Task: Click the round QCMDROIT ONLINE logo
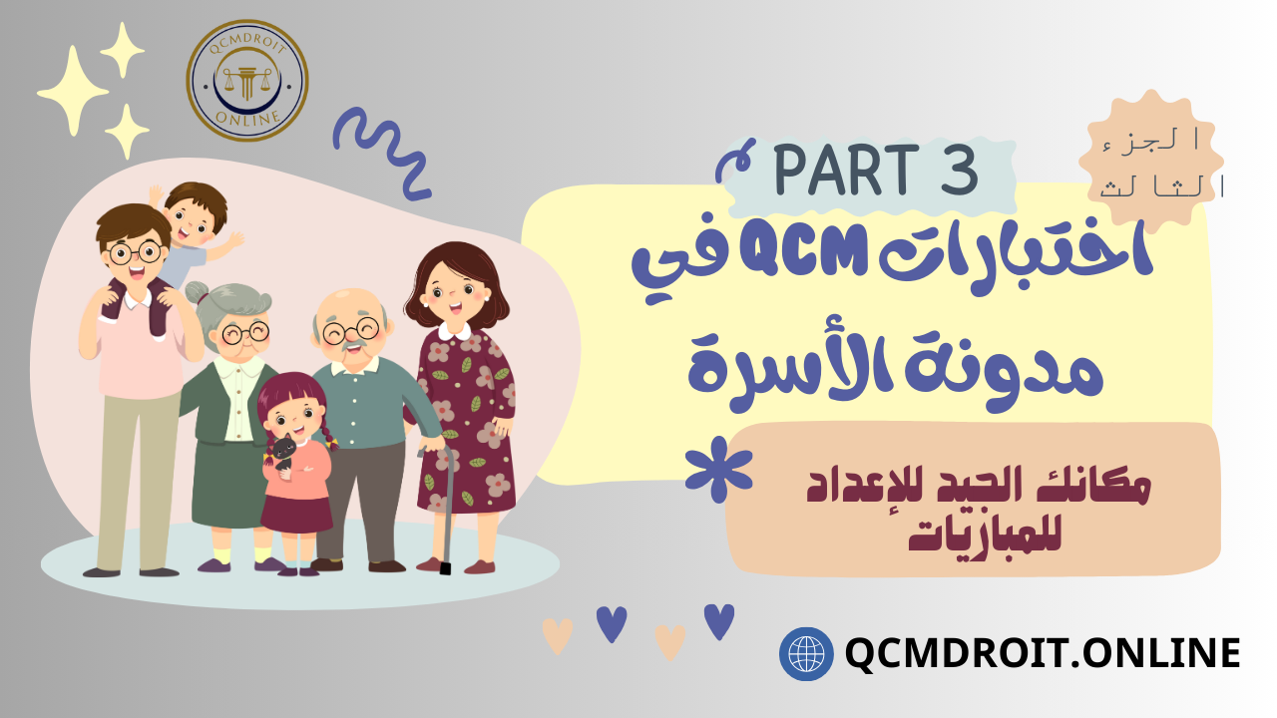click(x=247, y=81)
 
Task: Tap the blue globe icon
click(x=806, y=653)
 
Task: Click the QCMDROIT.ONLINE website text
click(x=1043, y=653)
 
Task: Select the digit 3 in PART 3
click(x=960, y=170)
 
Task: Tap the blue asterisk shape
click(x=719, y=469)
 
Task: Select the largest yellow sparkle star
click(x=73, y=91)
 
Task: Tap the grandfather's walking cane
click(x=443, y=509)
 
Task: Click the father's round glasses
click(x=135, y=252)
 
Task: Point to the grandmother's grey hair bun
click(x=198, y=293)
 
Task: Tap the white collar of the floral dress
click(x=454, y=330)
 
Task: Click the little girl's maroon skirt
click(x=296, y=514)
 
